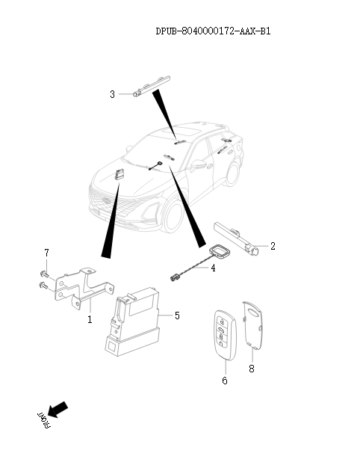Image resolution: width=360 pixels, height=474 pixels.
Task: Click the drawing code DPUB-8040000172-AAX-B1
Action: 213,31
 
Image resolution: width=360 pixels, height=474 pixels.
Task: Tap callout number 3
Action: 112,94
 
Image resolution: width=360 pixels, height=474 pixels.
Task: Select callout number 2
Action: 273,246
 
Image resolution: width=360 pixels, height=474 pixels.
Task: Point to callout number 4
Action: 213,268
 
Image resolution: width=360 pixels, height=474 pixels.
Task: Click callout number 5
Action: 177,316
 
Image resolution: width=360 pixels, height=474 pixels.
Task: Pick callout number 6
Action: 225,381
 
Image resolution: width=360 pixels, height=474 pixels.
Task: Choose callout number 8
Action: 252,369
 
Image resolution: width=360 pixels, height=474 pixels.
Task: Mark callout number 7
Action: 46,253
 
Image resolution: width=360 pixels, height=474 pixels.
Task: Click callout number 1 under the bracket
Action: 90,319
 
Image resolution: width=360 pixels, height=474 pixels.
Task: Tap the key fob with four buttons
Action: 224,335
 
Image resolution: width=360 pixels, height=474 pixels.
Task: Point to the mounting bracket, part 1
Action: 84,288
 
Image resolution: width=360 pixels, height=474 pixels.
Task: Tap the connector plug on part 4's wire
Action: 174,277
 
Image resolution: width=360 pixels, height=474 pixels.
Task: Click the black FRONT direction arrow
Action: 58,409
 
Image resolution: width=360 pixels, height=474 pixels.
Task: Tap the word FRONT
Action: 44,420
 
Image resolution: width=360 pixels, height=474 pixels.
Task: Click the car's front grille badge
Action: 106,200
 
